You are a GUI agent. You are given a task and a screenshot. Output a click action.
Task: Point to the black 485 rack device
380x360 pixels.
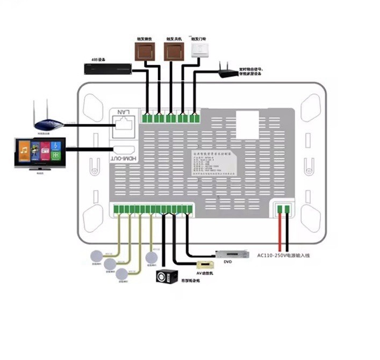pos(108,68)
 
